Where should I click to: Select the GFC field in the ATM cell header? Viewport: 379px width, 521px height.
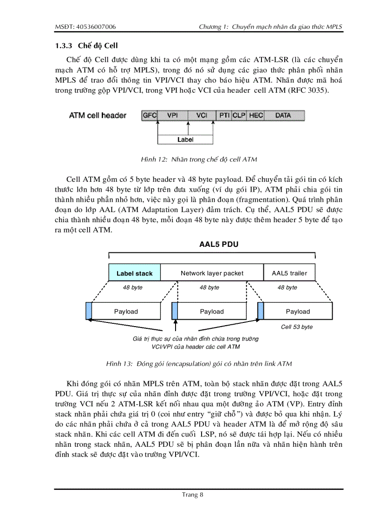(x=149, y=115)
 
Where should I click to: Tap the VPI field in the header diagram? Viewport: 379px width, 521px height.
(x=172, y=115)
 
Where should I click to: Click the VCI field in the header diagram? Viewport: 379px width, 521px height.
(x=202, y=115)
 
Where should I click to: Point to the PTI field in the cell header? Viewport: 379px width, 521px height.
(x=224, y=115)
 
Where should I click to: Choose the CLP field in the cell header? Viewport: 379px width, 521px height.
(x=239, y=115)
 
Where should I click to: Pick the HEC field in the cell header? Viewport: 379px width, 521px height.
(x=256, y=115)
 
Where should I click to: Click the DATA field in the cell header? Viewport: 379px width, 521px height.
(x=283, y=115)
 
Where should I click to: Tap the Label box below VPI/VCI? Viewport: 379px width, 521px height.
(x=185, y=139)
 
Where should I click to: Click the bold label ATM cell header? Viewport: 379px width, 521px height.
(x=98, y=116)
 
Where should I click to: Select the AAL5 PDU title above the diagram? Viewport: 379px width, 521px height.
(x=212, y=244)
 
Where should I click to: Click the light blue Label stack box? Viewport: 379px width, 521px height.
(x=134, y=273)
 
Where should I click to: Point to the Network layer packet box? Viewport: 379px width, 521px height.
(x=212, y=273)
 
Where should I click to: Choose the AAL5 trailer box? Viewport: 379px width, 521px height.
(x=289, y=273)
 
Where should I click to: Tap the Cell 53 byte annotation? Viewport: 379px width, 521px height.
(x=297, y=327)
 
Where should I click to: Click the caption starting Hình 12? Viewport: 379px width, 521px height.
(x=199, y=160)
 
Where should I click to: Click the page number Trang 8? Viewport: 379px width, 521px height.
(x=193, y=495)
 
